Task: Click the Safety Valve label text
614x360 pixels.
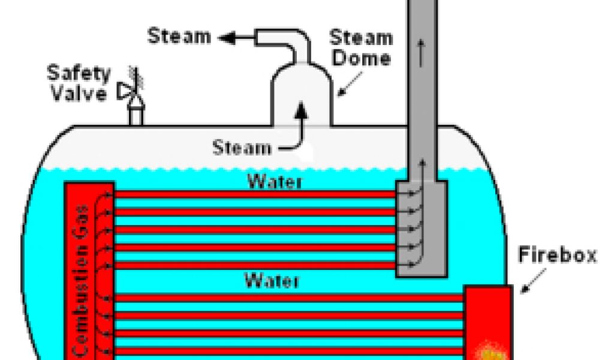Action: click(x=79, y=83)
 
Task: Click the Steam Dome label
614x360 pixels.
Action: click(x=360, y=49)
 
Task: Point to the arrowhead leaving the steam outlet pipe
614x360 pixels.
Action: click(x=227, y=38)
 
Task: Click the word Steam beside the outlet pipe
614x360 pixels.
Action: click(x=179, y=36)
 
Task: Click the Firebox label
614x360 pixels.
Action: click(x=558, y=256)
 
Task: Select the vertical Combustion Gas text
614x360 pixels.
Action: click(x=83, y=282)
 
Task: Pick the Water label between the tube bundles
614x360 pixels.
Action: click(x=271, y=280)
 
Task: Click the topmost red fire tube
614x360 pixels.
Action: click(x=255, y=194)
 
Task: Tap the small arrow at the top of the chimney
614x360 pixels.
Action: click(x=423, y=54)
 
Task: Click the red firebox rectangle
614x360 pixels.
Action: click(x=487, y=312)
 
